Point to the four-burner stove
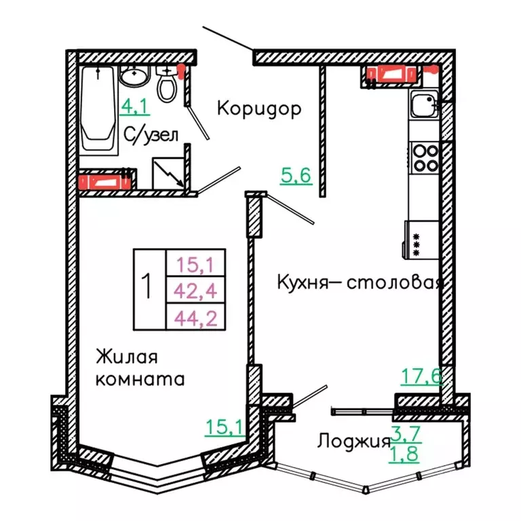(424, 157)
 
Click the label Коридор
(258, 109)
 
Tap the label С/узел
(151, 134)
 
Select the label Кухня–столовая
(360, 282)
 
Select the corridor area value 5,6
(296, 176)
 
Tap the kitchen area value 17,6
(419, 375)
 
